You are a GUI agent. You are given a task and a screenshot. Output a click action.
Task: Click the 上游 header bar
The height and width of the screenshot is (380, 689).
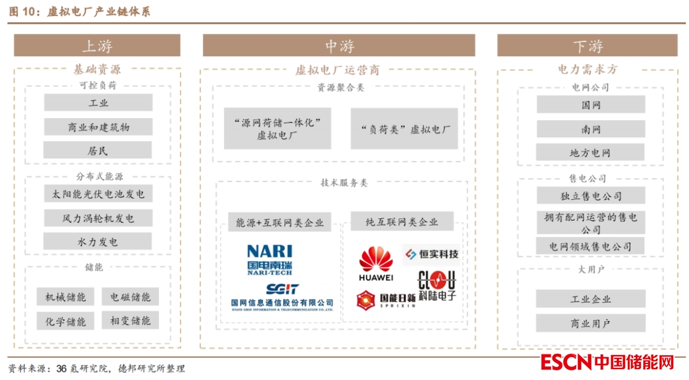[x=97, y=45]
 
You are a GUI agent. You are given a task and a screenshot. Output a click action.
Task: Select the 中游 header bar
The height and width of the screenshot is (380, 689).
[x=339, y=45]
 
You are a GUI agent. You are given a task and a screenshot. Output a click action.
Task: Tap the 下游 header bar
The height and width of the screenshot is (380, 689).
[x=587, y=45]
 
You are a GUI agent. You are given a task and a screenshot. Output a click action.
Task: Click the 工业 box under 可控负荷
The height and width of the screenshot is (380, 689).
[x=98, y=103]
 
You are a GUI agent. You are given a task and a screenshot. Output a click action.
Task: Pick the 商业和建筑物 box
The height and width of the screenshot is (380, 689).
[x=98, y=127]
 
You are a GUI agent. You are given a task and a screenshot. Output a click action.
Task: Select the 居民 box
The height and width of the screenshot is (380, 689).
[x=98, y=151]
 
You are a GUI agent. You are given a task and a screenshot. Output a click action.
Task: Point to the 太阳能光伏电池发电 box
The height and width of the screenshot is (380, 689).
[x=98, y=194]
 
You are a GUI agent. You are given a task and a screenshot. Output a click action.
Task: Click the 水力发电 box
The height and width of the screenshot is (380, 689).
[x=98, y=241]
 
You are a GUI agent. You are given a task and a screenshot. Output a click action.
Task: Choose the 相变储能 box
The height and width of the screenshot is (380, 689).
[x=130, y=321]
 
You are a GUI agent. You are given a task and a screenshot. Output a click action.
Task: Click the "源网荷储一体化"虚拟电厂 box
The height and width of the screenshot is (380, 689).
[x=278, y=128]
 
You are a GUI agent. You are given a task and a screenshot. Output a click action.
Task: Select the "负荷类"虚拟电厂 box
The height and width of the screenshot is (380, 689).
[x=404, y=128]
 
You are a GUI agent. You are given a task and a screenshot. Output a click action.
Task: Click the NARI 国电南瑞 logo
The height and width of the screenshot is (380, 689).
[x=269, y=259]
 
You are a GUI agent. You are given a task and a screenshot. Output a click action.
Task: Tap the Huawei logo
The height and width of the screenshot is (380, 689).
[x=376, y=264]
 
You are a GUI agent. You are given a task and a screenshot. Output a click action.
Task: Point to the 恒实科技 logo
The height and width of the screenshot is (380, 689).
[x=431, y=254]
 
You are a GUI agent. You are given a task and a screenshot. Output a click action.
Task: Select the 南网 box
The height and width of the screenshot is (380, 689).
[x=591, y=129]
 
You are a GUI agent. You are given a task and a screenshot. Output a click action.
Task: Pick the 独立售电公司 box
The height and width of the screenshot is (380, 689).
[x=591, y=195]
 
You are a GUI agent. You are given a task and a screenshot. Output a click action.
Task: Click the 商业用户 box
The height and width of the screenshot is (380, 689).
[x=591, y=323]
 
